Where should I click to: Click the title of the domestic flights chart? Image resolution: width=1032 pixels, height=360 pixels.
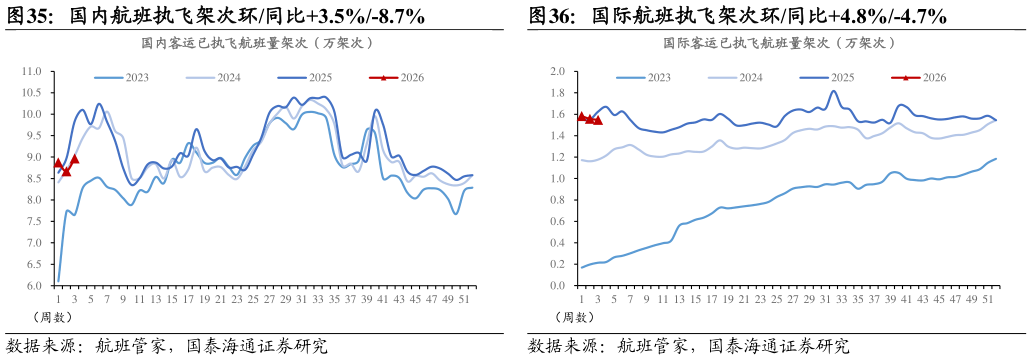click(x=257, y=43)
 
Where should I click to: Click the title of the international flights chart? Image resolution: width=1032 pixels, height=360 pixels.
click(x=779, y=43)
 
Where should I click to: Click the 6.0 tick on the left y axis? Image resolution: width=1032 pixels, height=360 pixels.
click(x=33, y=286)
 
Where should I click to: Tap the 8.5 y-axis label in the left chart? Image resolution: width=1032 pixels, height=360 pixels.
click(x=33, y=179)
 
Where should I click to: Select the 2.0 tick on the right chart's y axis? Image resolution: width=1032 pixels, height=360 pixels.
click(x=557, y=72)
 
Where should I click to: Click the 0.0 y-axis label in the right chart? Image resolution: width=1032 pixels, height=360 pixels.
click(x=557, y=286)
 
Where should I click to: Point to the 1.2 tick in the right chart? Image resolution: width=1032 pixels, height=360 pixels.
click(x=557, y=158)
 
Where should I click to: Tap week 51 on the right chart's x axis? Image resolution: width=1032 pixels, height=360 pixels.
click(x=987, y=298)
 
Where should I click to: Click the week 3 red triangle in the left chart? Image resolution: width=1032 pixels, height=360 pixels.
click(x=74, y=158)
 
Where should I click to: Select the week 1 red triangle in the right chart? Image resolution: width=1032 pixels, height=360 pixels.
click(x=581, y=116)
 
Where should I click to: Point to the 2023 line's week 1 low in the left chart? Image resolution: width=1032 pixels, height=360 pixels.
click(x=58, y=281)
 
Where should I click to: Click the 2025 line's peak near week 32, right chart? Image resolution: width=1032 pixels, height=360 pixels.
click(x=833, y=92)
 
